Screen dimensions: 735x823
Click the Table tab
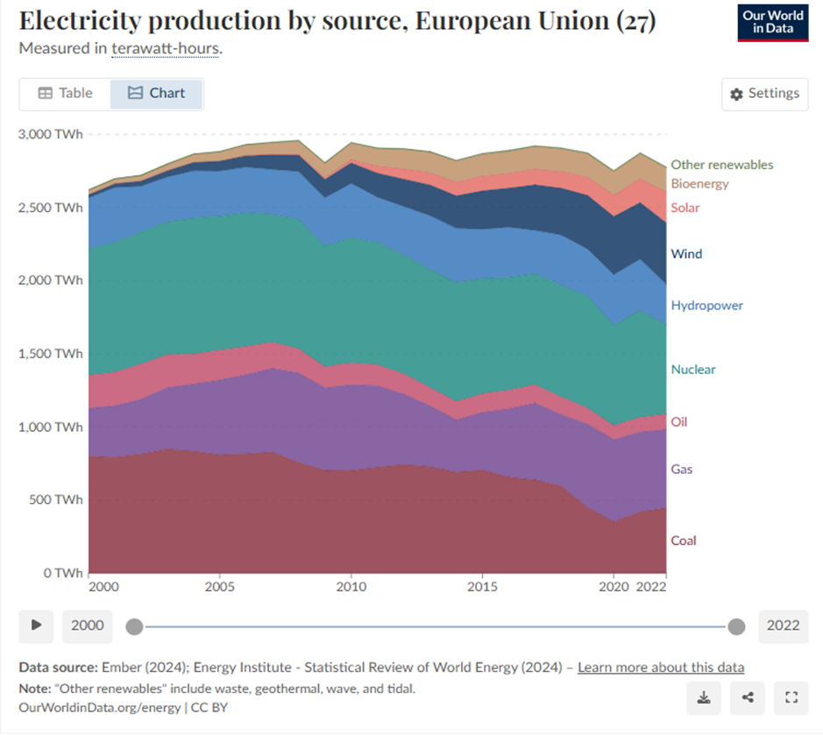[x=65, y=93]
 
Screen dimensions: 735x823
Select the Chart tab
[x=157, y=93]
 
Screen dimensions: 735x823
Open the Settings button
[x=764, y=94]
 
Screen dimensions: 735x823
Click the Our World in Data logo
[x=773, y=22]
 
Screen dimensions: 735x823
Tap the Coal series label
[x=684, y=541]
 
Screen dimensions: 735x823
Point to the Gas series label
[x=682, y=470]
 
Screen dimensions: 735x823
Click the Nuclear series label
[x=693, y=370]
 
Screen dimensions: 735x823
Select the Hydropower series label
[x=706, y=306]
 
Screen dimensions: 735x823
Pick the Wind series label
[x=686, y=254]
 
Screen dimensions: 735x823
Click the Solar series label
[x=685, y=208]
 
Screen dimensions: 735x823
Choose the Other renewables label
[x=722, y=165]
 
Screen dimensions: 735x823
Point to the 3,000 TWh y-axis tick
[x=50, y=134]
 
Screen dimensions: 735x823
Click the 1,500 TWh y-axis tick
[x=50, y=354]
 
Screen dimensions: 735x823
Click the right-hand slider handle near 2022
[x=736, y=625]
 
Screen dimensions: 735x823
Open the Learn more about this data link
[x=661, y=668]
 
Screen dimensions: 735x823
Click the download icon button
[x=704, y=697]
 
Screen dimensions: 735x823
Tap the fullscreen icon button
[x=791, y=697]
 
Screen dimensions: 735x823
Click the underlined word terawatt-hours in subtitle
[x=166, y=48]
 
